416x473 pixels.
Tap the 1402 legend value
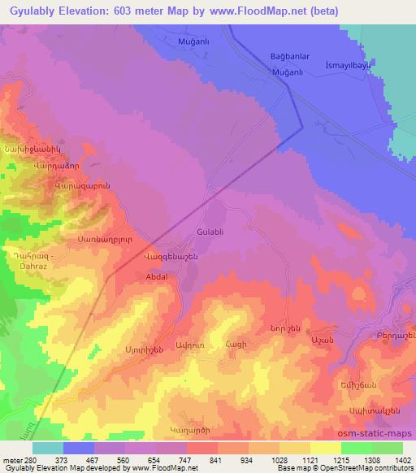click(401, 460)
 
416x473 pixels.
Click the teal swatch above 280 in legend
click(47, 448)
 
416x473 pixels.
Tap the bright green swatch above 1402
click(387, 448)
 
